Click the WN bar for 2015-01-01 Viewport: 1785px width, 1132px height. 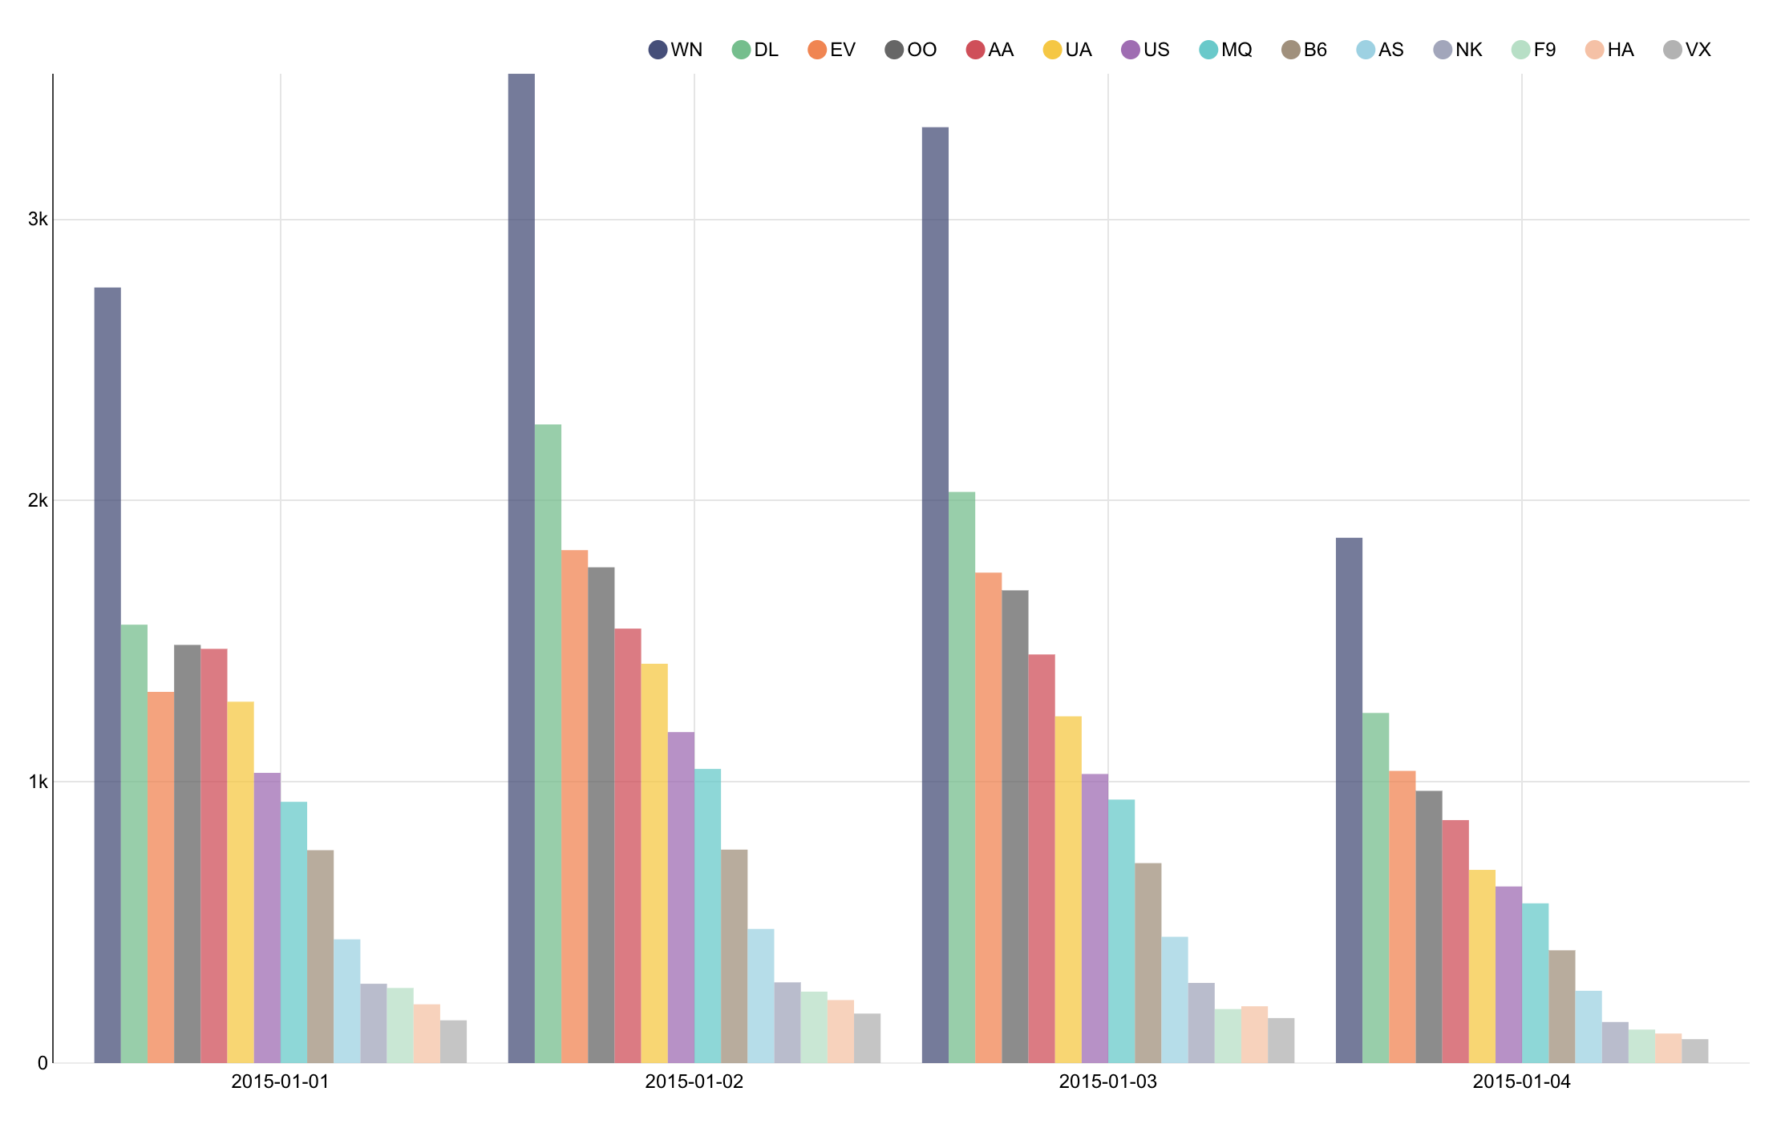click(x=107, y=675)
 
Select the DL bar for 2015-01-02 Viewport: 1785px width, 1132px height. click(x=548, y=743)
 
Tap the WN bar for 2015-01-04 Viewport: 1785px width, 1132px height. click(x=1349, y=800)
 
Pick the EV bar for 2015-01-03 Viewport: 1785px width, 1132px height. click(x=988, y=818)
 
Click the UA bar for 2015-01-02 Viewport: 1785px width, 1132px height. click(x=654, y=863)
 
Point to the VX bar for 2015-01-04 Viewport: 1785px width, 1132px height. click(x=1694, y=1051)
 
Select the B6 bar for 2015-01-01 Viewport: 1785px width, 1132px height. click(x=320, y=956)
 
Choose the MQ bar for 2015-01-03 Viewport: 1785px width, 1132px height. click(x=1121, y=931)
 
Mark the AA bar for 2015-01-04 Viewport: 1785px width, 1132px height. click(x=1455, y=941)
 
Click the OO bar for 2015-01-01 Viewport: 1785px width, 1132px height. click(x=187, y=854)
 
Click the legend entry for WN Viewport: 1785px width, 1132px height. click(x=676, y=50)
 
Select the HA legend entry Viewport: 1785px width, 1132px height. click(x=1610, y=50)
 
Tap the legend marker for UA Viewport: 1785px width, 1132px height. click(x=1052, y=50)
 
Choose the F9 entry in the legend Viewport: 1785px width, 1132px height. click(x=1534, y=50)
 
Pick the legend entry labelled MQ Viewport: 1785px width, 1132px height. click(x=1226, y=50)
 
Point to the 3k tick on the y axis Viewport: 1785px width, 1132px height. click(x=38, y=219)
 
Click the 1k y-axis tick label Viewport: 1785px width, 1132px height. click(x=38, y=782)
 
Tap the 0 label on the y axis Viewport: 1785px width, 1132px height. click(x=42, y=1063)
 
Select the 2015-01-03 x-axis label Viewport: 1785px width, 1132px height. click(x=1107, y=1081)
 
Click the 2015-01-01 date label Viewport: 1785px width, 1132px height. click(x=280, y=1081)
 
